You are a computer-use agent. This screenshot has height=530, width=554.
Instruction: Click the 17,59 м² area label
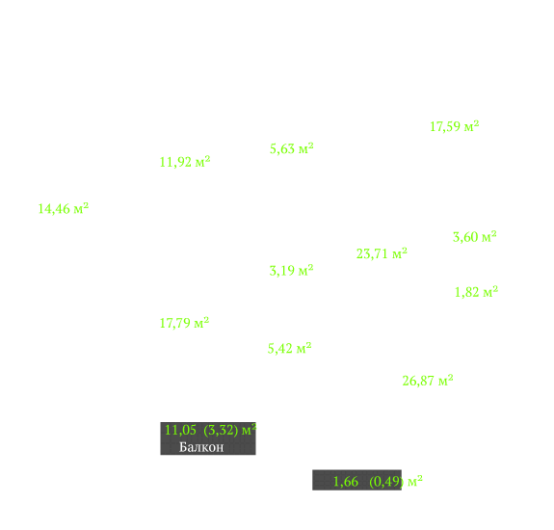455,127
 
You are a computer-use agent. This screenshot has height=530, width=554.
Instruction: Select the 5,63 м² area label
292,148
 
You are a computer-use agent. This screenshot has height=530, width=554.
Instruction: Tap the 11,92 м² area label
185,162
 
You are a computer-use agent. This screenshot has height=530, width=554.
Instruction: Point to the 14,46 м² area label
64,209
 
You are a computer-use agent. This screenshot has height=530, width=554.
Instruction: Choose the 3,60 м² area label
475,237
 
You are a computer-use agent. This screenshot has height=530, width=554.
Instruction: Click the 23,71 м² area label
382,253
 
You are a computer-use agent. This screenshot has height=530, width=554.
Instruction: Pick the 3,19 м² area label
292,271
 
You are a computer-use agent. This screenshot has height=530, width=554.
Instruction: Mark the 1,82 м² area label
476,292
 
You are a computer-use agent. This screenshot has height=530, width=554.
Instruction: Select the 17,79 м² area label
184,323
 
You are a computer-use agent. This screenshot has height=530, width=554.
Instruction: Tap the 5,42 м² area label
289,349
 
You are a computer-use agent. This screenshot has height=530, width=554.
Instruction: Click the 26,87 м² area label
428,381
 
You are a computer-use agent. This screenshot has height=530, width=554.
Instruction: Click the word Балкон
201,447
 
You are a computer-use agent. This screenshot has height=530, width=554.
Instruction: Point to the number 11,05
180,431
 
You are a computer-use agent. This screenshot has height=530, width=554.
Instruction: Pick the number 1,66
346,482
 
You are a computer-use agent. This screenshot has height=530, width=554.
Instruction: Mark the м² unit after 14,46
81,208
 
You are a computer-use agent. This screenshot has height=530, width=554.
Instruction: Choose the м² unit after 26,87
446,381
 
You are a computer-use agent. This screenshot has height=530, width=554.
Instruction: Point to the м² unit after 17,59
472,126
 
